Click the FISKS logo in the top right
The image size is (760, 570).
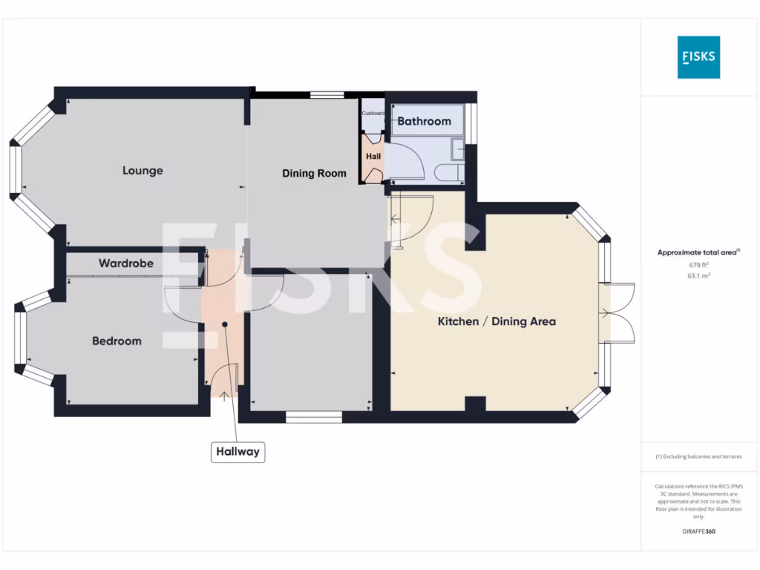point(698,57)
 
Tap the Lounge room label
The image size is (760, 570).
point(142,171)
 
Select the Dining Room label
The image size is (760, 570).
point(314,174)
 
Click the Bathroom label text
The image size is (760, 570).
point(424,121)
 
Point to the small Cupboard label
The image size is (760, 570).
point(373,114)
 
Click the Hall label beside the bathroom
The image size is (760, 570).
point(373,157)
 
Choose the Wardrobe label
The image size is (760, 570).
point(126,263)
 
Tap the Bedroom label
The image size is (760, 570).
point(117,341)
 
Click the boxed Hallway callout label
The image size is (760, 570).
point(237,451)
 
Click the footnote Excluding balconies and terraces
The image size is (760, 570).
point(698,457)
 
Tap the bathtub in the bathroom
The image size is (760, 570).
point(427,121)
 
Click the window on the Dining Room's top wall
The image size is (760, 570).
point(327,94)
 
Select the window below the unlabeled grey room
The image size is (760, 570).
point(313,417)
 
